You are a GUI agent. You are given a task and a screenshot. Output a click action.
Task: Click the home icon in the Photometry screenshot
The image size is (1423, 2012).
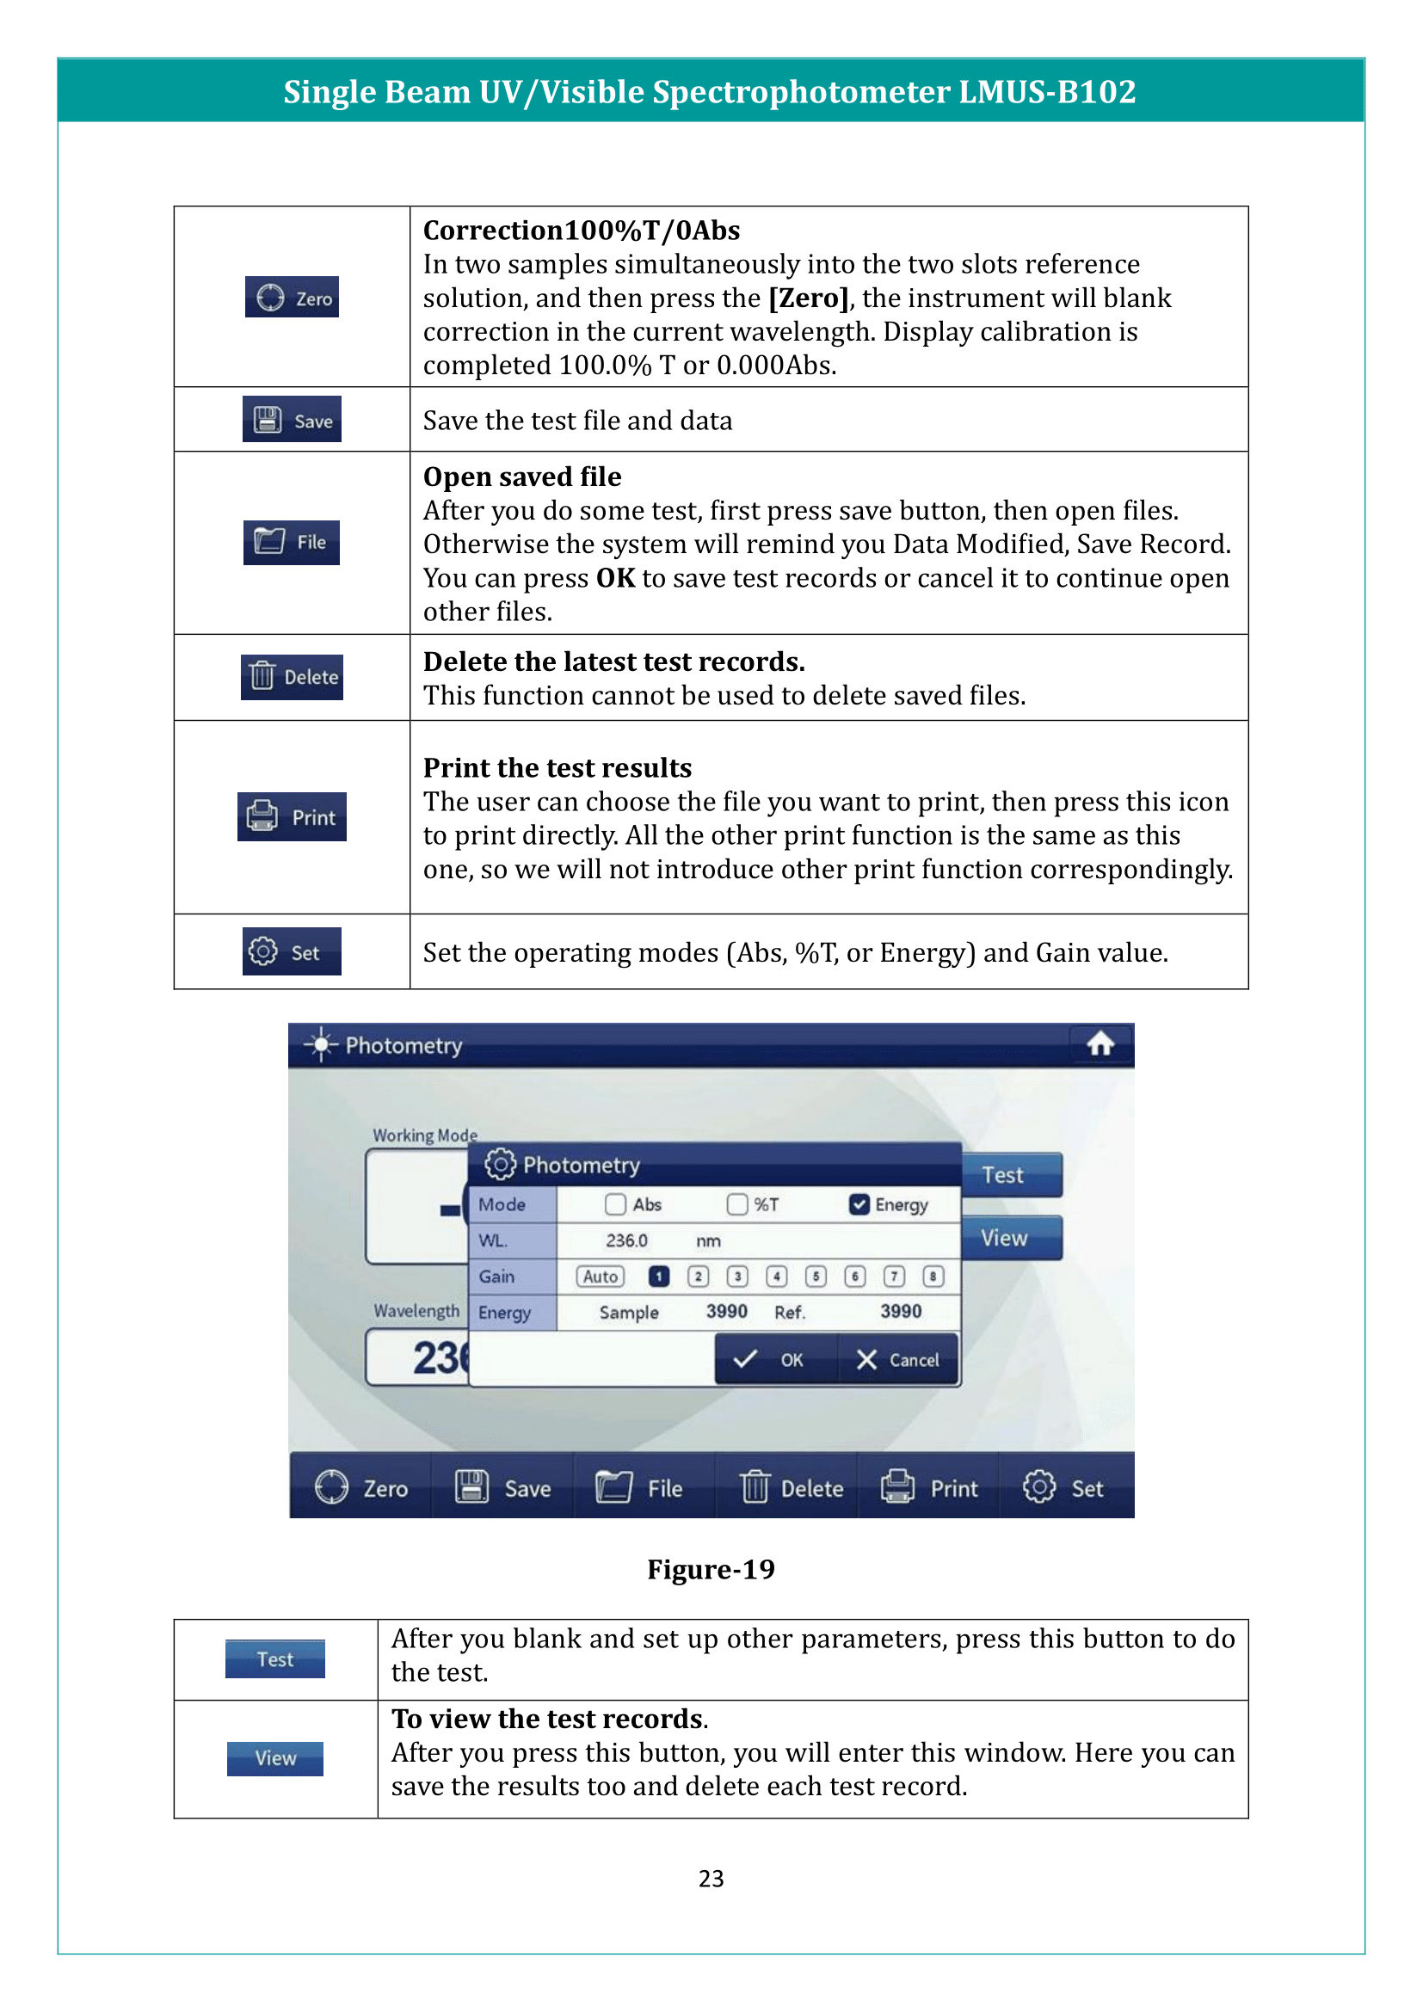(x=1100, y=1043)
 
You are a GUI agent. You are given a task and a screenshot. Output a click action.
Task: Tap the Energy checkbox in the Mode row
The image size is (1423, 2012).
(x=859, y=1204)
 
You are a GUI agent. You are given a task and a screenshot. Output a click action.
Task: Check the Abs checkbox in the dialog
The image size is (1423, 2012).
(x=615, y=1204)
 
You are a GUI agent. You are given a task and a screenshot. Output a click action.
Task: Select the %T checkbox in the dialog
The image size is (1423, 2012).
(x=737, y=1204)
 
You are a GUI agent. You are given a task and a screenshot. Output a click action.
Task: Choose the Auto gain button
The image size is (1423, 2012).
(x=601, y=1276)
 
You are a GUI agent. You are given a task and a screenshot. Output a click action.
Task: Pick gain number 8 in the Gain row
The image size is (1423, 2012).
(x=933, y=1276)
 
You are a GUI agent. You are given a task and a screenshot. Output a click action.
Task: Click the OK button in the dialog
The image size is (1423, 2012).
(x=775, y=1359)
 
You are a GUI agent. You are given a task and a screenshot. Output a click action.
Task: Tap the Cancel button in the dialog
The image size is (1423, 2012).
(x=897, y=1359)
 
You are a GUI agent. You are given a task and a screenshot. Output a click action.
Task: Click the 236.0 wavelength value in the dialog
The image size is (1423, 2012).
(x=626, y=1241)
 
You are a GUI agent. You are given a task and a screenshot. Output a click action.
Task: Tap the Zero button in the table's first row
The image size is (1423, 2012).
(x=292, y=298)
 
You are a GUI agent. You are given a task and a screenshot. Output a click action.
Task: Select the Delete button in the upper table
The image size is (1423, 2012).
(x=292, y=676)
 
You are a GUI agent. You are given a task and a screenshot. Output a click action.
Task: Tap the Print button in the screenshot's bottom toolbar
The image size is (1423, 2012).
(x=929, y=1488)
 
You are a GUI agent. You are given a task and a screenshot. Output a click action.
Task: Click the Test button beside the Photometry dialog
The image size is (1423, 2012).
(x=1011, y=1175)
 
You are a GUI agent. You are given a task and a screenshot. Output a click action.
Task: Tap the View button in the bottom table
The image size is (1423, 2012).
(x=275, y=1758)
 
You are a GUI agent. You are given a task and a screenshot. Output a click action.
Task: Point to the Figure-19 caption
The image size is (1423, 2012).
(x=711, y=1569)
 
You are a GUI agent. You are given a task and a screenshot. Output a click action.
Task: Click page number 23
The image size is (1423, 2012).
(x=711, y=1878)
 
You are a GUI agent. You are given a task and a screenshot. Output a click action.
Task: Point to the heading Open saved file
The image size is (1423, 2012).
(x=522, y=477)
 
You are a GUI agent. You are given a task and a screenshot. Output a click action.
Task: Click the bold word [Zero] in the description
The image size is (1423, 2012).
(x=808, y=298)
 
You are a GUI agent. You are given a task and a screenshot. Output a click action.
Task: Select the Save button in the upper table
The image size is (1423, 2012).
(x=292, y=421)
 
